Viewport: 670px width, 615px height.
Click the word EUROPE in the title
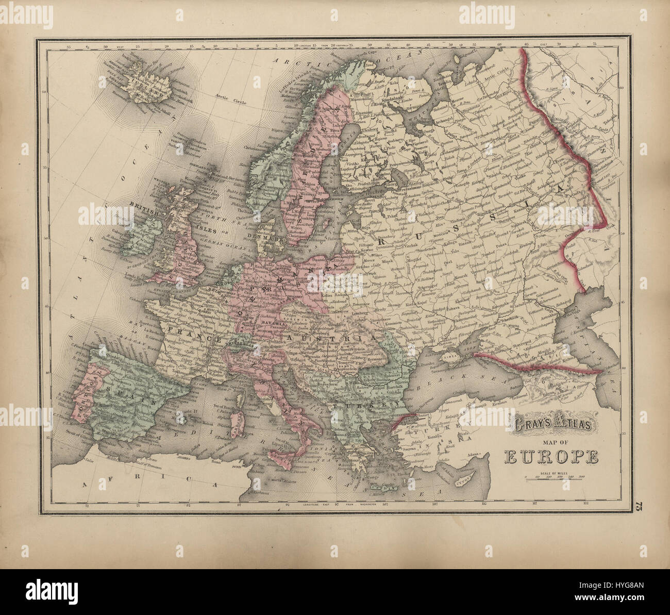tap(551, 456)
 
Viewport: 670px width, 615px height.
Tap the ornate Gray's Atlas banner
tap(551, 426)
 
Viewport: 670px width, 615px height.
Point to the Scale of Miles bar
tap(552, 477)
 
